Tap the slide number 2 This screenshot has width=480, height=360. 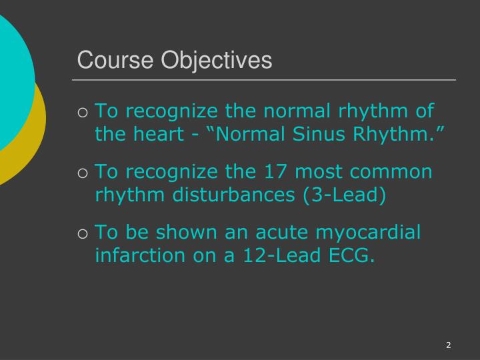click(x=449, y=345)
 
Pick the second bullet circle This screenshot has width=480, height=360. click(x=83, y=173)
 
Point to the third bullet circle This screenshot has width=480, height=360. click(x=83, y=234)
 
